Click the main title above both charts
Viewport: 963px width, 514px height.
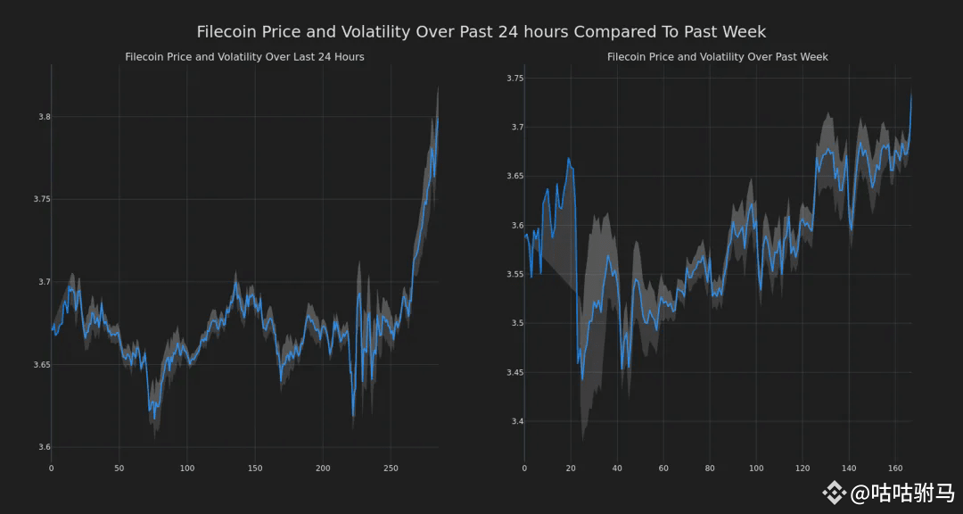[481, 32]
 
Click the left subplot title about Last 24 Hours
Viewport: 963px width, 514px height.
[244, 57]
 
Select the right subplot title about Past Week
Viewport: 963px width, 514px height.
[717, 57]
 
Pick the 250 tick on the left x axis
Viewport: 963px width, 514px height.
[391, 468]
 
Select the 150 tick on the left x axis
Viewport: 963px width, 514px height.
[255, 468]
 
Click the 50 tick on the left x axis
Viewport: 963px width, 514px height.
[119, 468]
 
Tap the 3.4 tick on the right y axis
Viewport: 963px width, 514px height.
[514, 421]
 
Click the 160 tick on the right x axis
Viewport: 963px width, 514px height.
[895, 468]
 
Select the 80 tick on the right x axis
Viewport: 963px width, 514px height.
[710, 468]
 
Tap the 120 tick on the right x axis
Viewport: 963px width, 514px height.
[802, 468]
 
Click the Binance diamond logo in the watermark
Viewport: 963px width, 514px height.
[834, 492]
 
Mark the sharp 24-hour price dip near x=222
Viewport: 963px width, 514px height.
[353, 416]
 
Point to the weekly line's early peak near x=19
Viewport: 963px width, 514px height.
[568, 159]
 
